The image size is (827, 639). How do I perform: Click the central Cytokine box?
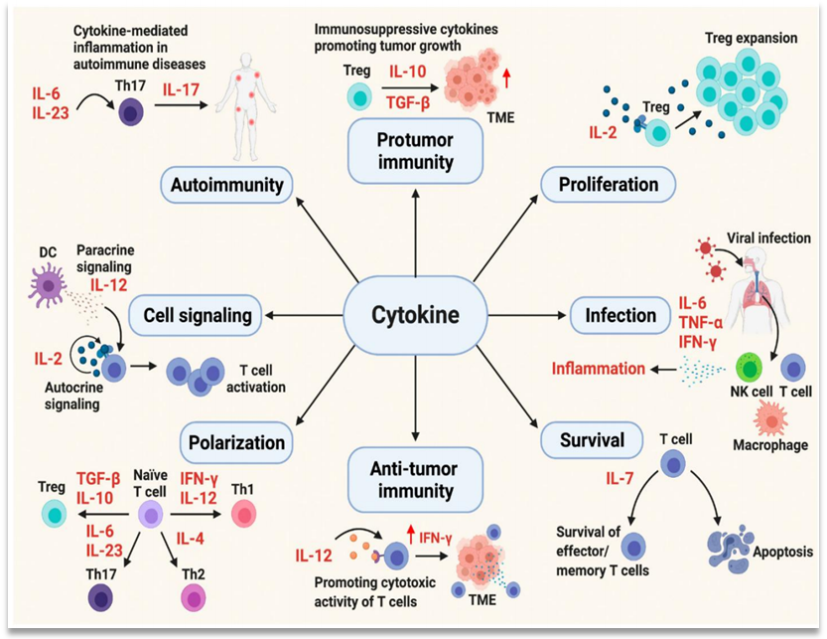coord(415,316)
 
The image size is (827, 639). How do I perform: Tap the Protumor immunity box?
coord(415,150)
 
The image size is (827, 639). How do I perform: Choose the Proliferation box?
coord(608,184)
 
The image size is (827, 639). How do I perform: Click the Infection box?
coord(620,316)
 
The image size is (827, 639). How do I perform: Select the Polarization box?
coord(234,441)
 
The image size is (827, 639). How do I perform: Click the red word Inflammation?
coord(599,369)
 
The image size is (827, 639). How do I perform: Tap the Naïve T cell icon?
coord(150,514)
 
